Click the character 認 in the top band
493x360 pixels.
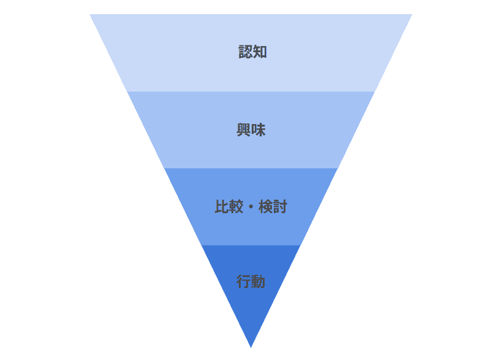[x=245, y=52]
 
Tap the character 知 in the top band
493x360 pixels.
[x=260, y=52]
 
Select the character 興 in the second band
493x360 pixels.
[x=244, y=130]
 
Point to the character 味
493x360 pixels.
[x=258, y=130]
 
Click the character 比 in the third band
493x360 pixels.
[x=222, y=207]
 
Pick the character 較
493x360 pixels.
[x=236, y=207]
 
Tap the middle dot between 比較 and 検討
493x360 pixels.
[x=251, y=207]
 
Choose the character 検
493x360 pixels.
[x=266, y=207]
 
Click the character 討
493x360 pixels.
[x=280, y=207]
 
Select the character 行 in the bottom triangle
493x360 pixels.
[x=244, y=281]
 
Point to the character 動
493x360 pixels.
[x=258, y=281]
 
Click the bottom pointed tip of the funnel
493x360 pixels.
[x=251, y=348]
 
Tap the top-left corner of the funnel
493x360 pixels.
[x=90, y=15]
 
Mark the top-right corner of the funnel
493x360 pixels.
[x=411, y=15]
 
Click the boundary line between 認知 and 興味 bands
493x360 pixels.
[x=251, y=92]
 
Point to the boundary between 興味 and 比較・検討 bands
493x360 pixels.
[x=251, y=168]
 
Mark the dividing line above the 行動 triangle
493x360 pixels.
[x=251, y=246]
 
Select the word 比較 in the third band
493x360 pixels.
[x=229, y=207]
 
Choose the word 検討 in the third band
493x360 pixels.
[x=273, y=207]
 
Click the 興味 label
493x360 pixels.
[x=251, y=130]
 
